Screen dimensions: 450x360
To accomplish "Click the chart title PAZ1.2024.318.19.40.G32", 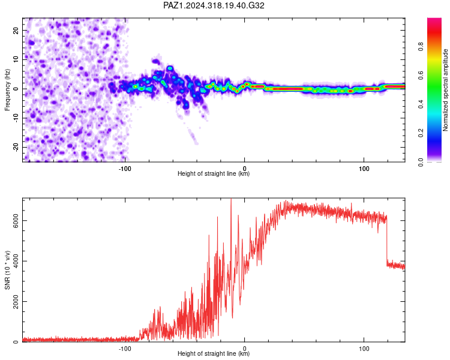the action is pyautogui.click(x=214, y=5).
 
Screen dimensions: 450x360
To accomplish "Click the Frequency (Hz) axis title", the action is pyautogui.click(x=7, y=90).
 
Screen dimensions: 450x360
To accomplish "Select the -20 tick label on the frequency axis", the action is pyautogui.click(x=16, y=147).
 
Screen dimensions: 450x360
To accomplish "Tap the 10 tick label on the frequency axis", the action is pyautogui.click(x=16, y=60).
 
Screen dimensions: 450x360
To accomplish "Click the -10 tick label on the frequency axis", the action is pyautogui.click(x=16, y=118).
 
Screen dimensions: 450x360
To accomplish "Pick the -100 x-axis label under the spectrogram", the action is pyautogui.click(x=125, y=169).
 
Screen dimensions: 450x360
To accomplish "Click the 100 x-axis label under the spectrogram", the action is pyautogui.click(x=364, y=169).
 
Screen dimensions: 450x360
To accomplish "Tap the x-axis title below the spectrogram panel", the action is pyautogui.click(x=214, y=173).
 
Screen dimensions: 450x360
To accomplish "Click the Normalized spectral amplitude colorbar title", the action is pyautogui.click(x=445, y=90).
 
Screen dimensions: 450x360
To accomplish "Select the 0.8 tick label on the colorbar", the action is pyautogui.click(x=421, y=46).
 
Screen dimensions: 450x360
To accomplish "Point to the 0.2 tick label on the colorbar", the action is pyautogui.click(x=421, y=133).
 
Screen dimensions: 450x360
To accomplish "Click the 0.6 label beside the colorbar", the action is pyautogui.click(x=421, y=75).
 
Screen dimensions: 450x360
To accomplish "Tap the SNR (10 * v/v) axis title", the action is pyautogui.click(x=7, y=270).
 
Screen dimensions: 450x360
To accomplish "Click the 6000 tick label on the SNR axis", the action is pyautogui.click(x=16, y=220).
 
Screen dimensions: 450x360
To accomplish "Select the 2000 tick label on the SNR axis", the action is pyautogui.click(x=16, y=301).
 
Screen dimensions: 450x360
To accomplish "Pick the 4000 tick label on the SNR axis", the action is pyautogui.click(x=16, y=261).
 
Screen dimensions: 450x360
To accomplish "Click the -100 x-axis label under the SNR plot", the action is pyautogui.click(x=125, y=349).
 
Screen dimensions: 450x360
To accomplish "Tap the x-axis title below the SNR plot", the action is pyautogui.click(x=214, y=353).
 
